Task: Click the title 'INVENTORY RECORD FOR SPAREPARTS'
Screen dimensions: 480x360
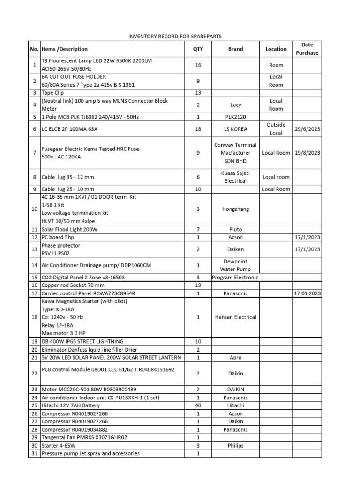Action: coord(175,36)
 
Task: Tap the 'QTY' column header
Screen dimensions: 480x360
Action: coord(198,49)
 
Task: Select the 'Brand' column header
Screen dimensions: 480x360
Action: coord(236,49)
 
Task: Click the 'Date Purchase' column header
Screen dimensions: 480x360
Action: coord(307,49)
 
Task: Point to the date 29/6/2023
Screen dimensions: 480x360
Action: coord(307,129)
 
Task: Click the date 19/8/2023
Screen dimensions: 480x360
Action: coord(307,153)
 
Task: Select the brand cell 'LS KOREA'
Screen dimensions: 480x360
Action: coord(236,129)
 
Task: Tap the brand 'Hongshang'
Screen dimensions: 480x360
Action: coord(236,209)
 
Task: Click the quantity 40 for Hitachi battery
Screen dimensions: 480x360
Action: coord(198,405)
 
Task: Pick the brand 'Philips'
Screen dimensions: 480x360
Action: coord(236,445)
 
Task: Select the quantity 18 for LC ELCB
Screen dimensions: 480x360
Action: coord(198,129)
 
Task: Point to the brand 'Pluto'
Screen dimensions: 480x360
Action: coord(236,229)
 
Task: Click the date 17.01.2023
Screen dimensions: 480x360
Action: coord(307,293)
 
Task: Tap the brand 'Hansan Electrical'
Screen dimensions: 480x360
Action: coord(236,317)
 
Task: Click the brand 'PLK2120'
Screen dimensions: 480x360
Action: coord(236,117)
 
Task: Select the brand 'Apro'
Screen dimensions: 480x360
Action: coord(236,357)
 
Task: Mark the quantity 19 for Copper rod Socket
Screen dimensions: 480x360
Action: coord(198,285)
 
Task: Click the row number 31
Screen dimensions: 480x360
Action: coord(34,453)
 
